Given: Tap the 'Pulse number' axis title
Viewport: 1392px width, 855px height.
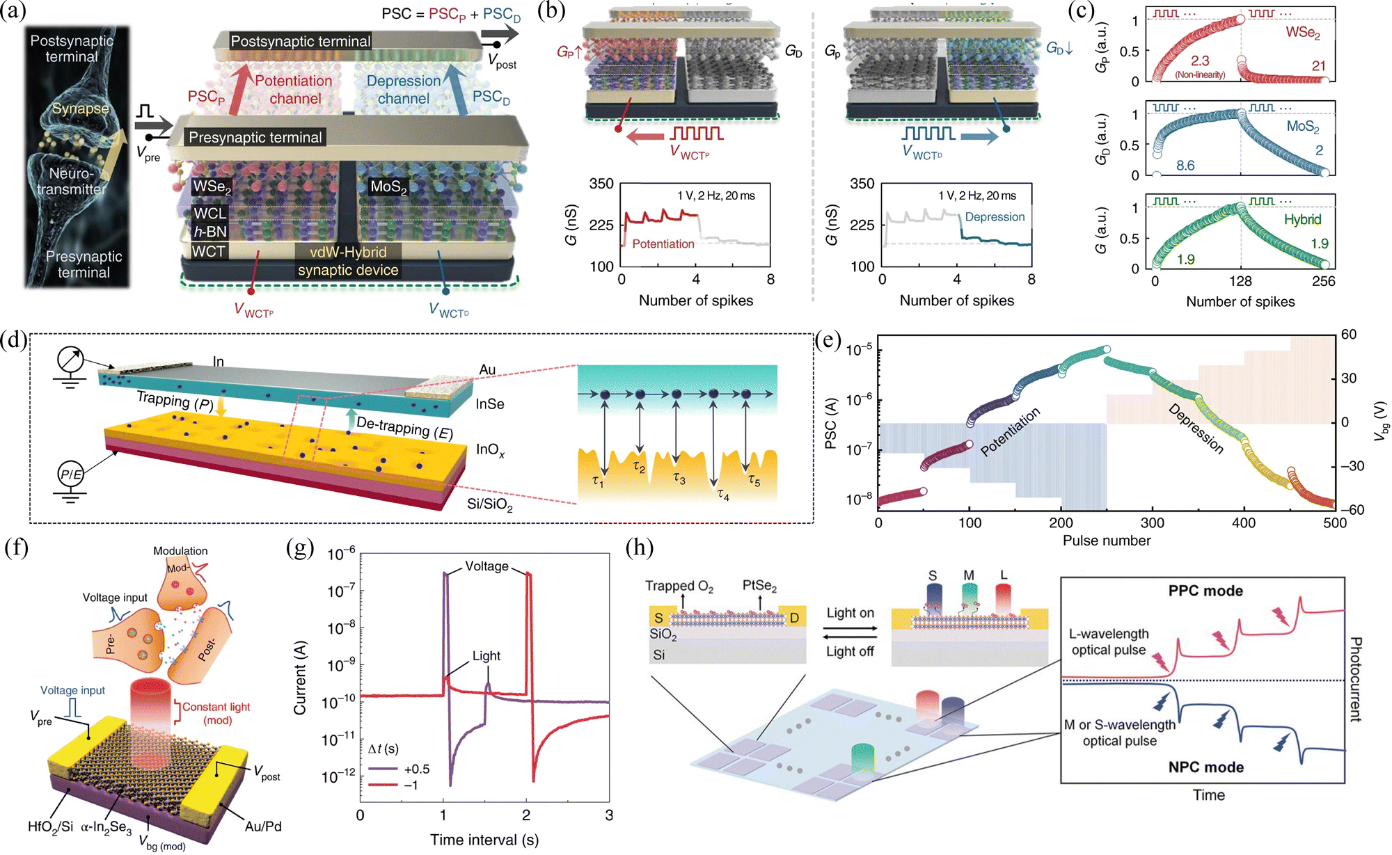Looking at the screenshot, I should [1106, 541].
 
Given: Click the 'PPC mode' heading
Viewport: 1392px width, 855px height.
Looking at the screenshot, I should [1205, 591].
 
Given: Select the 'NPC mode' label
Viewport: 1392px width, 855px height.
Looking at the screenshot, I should [1205, 767].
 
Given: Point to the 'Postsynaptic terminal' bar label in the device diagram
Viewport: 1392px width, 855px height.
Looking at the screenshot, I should [300, 41].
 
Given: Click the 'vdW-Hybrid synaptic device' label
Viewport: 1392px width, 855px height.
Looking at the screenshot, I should [348, 261].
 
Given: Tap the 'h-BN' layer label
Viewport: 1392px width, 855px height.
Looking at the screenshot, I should [210, 232].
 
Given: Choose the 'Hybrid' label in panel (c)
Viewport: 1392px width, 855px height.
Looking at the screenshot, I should [1302, 220].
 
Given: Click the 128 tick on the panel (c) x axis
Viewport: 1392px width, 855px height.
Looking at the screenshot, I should [1240, 281].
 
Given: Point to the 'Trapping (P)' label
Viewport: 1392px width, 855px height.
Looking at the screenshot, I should [175, 400].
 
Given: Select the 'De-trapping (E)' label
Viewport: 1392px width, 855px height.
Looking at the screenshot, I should [404, 427].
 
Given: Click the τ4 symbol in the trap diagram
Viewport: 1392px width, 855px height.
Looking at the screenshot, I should [724, 495].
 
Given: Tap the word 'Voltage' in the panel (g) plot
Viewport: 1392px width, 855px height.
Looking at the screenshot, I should [487, 566].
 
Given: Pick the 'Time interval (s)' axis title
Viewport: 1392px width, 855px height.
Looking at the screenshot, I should [484, 840].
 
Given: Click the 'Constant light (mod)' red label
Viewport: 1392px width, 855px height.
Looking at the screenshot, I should [216, 713].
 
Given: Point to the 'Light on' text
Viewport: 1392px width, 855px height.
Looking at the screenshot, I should [850, 613].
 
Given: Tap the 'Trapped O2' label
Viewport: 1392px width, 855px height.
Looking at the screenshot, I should [679, 586].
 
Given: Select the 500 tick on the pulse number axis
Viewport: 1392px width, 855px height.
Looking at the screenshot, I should [1334, 523].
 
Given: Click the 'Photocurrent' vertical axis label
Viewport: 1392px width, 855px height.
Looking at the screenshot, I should [1355, 679].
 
